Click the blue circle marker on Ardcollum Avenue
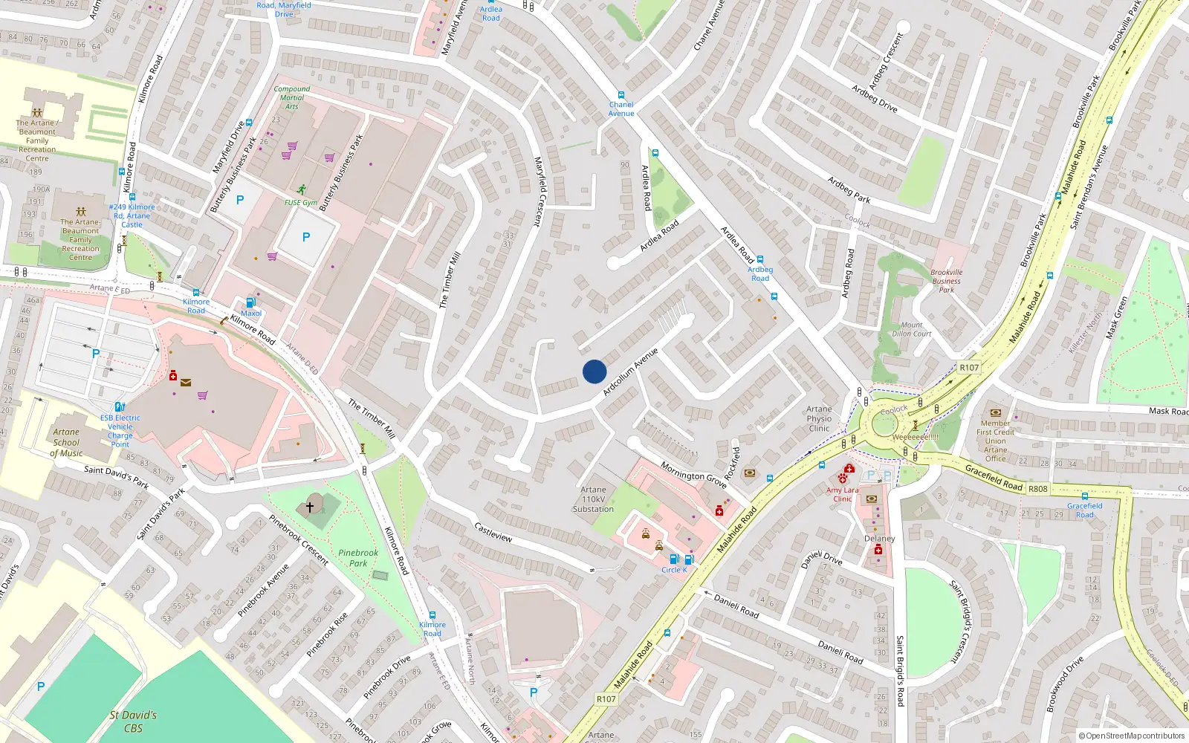[594, 371]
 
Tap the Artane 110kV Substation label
[593, 499]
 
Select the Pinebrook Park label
[358, 558]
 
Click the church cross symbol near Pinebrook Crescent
[310, 507]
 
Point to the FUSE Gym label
[300, 202]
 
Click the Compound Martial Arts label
[291, 97]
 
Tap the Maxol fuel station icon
[250, 302]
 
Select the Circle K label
[674, 570]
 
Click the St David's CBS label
[133, 721]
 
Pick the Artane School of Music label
[66, 442]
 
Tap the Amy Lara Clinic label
[842, 494]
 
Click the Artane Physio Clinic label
[819, 418]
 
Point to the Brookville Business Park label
[946, 281]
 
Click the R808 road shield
[1037, 489]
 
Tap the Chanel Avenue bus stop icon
[621, 96]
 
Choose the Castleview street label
[493, 532]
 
